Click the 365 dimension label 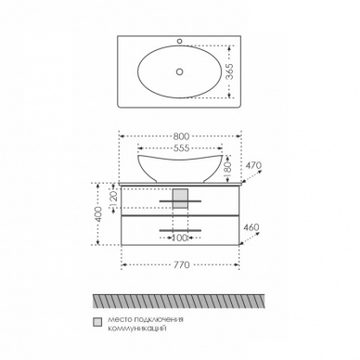[229, 71]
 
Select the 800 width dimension [181, 136]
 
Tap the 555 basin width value [181, 148]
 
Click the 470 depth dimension [254, 165]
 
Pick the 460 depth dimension [251, 227]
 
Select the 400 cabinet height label [98, 213]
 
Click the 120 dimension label [113, 199]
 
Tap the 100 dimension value [180, 238]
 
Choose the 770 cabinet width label [181, 265]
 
